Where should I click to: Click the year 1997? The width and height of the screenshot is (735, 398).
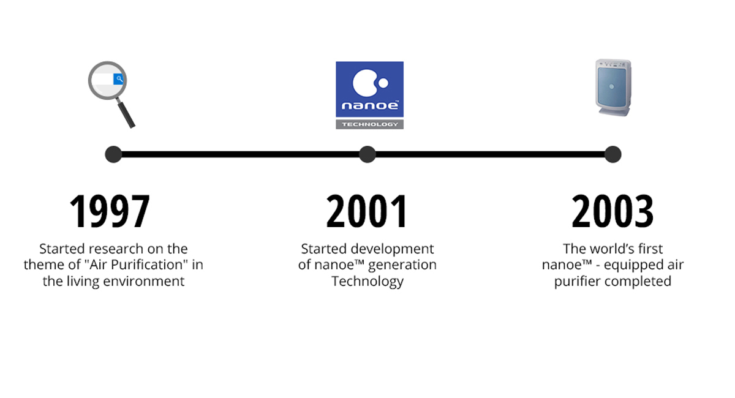[110, 211]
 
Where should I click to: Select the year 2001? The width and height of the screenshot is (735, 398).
[366, 211]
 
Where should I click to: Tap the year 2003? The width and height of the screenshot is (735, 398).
[612, 211]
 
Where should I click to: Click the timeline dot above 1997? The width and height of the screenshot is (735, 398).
[113, 154]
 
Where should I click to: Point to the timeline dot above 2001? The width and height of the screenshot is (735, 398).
[367, 154]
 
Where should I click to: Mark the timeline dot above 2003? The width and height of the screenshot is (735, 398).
[612, 154]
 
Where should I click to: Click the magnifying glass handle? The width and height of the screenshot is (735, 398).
[126, 114]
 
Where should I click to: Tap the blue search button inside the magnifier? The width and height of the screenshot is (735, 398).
[118, 79]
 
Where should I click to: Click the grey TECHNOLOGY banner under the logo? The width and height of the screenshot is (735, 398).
[369, 124]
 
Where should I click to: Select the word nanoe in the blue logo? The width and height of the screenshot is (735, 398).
[370, 105]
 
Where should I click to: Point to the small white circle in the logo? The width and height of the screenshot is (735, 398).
[383, 83]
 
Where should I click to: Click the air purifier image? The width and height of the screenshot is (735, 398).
[613, 88]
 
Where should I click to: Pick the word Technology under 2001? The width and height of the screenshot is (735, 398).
[367, 282]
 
